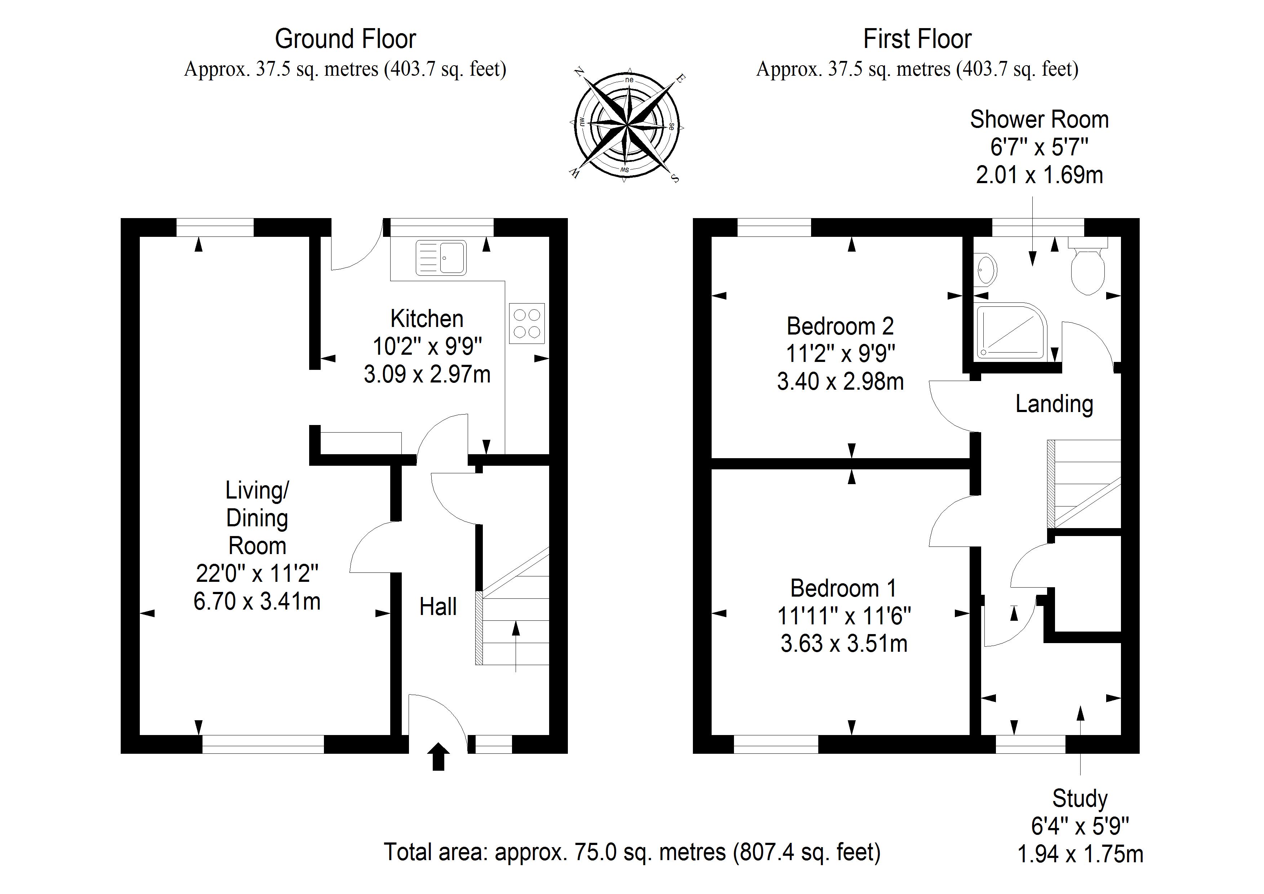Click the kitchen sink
(x=441, y=257)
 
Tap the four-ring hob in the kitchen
(x=527, y=323)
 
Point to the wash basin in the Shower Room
(x=986, y=270)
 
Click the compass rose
(x=627, y=125)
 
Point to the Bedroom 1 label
(x=844, y=588)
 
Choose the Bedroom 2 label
(x=840, y=326)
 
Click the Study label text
(x=1080, y=798)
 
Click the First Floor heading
(x=917, y=39)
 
